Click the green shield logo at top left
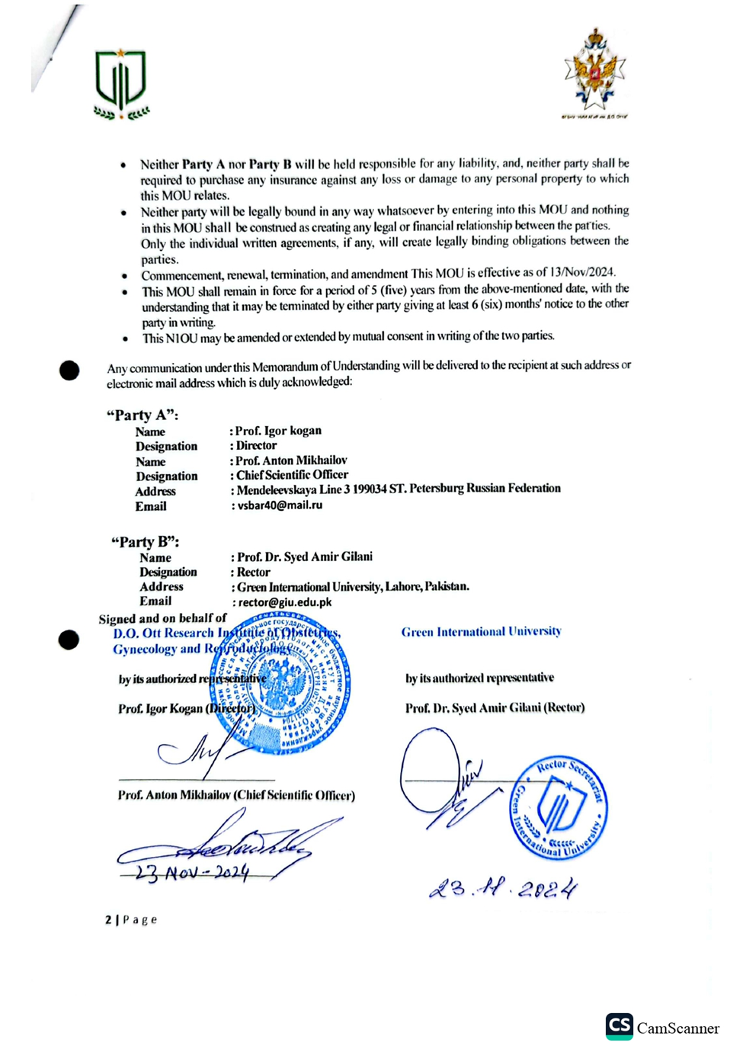coord(120,83)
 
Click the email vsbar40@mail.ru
coord(280,505)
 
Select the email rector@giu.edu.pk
coord(285,602)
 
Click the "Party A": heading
coord(143,415)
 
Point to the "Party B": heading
coord(145,542)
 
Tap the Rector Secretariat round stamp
coord(559,809)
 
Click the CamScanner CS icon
coord(620,1026)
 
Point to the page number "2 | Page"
coord(131,920)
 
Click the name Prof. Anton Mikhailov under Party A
coord(291,460)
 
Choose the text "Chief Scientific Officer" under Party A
coord(292,475)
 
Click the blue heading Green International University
coord(481,632)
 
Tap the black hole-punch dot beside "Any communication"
coord(69,370)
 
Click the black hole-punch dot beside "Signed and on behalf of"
coord(69,640)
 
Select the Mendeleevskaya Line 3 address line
coord(399,489)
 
